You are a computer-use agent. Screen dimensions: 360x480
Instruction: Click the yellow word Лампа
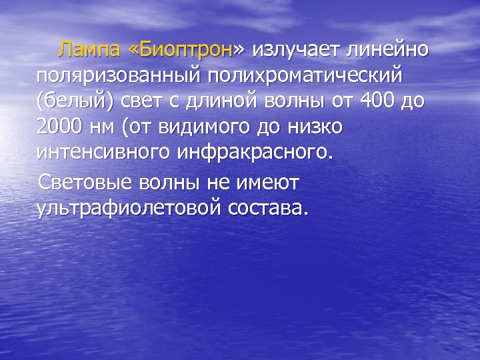tap(87, 49)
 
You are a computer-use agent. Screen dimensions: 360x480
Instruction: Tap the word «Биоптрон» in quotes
tap(184, 49)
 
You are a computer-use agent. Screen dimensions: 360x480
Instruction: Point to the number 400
tap(375, 104)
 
